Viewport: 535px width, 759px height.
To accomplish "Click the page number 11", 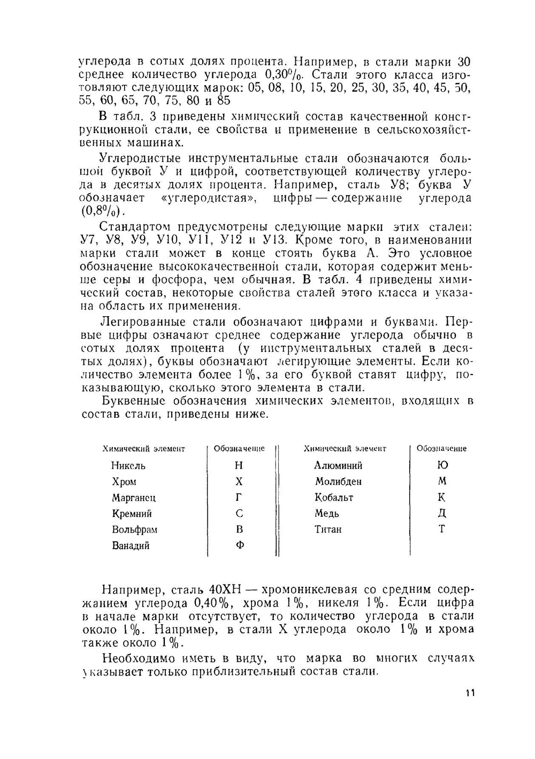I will (470, 693).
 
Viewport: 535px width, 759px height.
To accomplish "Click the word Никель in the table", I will (128, 465).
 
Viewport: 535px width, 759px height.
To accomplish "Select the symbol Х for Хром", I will (239, 481).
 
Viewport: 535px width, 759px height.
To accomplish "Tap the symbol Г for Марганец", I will (239, 497).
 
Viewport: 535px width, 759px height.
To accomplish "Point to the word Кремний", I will (132, 513).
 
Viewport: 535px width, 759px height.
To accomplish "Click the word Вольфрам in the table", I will (134, 530).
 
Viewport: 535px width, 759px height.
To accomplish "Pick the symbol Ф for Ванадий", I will (240, 546).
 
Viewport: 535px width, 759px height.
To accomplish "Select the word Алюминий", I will (338, 465).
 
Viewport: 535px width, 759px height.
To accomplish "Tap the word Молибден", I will (338, 481).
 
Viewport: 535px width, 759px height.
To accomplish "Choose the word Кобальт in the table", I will (334, 497).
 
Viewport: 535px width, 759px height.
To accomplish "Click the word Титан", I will (328, 530).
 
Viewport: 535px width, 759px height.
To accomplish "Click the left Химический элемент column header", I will (143, 449).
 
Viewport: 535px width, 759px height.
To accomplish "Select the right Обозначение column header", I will (441, 449).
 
